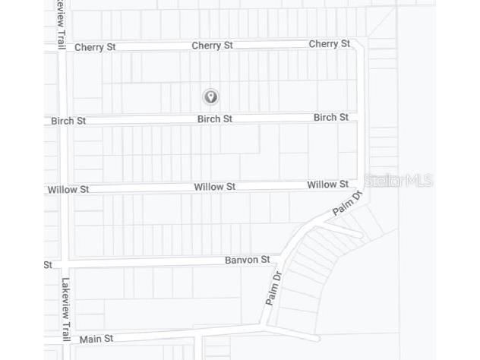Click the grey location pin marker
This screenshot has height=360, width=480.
[x=211, y=96]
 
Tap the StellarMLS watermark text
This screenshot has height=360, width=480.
[x=398, y=180]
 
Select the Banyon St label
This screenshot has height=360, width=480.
[x=247, y=260]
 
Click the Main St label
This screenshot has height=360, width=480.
[x=96, y=339]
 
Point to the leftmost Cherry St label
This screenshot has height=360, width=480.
[x=95, y=47]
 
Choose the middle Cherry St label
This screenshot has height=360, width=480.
[x=212, y=46]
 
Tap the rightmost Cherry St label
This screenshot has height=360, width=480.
[x=329, y=44]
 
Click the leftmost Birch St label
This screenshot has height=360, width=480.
[x=68, y=121]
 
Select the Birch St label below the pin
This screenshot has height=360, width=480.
[x=214, y=118]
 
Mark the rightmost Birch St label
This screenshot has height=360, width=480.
[x=330, y=117]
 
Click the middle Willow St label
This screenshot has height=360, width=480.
[x=214, y=187]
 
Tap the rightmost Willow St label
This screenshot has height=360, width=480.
[x=327, y=185]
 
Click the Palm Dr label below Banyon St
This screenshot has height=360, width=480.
[x=273, y=288]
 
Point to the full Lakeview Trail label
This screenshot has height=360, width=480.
[x=66, y=308]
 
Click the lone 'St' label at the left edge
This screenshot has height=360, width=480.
[x=48, y=265]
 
